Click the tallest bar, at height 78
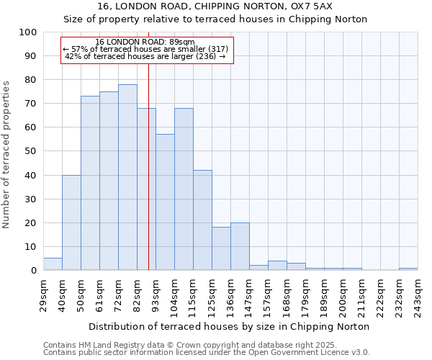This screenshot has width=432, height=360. click(127, 177)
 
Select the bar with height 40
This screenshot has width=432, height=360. click(71, 222)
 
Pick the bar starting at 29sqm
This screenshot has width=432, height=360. click(53, 264)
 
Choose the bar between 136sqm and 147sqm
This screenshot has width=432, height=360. click(240, 246)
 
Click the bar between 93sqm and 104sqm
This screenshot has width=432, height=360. click(165, 202)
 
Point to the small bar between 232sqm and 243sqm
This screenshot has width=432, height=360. click(408, 269)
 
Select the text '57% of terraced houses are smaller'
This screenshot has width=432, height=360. click(144, 49)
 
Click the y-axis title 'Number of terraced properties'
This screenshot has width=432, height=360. click(6, 154)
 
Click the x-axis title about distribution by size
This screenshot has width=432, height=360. click(228, 326)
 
